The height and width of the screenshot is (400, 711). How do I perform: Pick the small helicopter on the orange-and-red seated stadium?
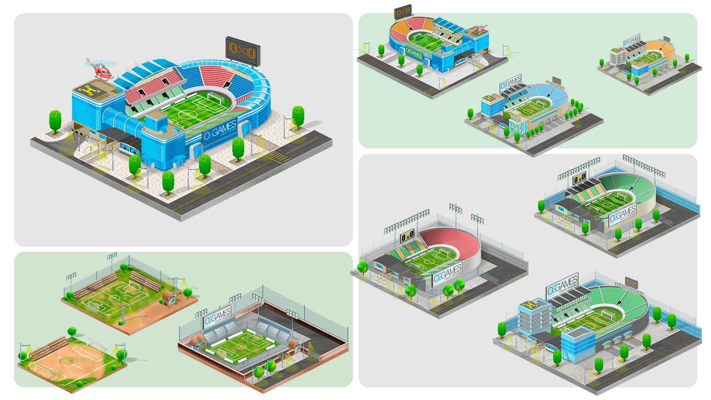(x=479, y=29)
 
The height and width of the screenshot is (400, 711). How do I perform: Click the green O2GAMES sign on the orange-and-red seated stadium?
(x=414, y=54)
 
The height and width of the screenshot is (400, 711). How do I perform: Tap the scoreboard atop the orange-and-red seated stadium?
(x=403, y=12)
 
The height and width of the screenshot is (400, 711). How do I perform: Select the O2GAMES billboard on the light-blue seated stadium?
(x=510, y=83)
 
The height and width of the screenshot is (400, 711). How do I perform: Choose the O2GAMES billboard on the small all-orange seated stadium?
(x=631, y=41)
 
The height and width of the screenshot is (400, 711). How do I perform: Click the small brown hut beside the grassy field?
(x=169, y=299)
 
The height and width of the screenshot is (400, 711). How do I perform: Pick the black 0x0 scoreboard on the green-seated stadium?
(x=579, y=179)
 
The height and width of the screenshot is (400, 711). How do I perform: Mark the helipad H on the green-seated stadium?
(x=529, y=305)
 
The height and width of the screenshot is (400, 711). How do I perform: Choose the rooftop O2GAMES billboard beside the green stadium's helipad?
(x=562, y=286)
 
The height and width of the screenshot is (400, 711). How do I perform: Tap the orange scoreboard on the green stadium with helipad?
(x=631, y=282)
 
